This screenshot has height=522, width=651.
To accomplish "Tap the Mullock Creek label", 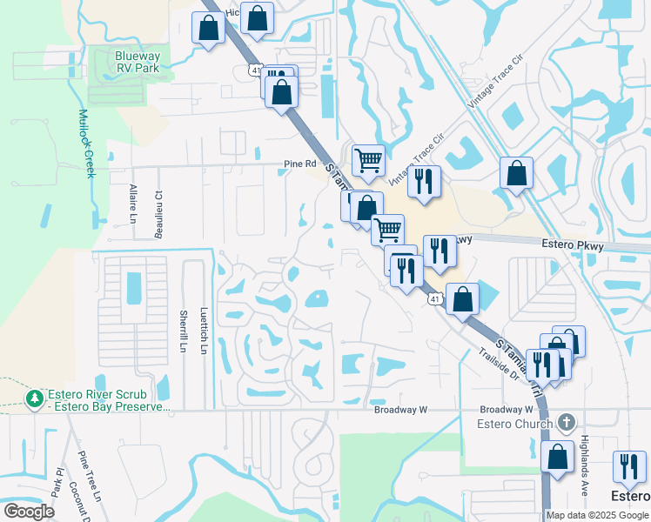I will pos(85,144).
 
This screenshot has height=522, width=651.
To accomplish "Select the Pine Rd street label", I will pos(298,163).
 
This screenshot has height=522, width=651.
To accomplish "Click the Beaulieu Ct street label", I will pos(159,210).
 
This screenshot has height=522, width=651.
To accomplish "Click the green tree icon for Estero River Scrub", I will pos(35,398).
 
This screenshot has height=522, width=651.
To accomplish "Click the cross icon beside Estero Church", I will pos(566,424).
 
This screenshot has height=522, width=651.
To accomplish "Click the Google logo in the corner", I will pos(29,512).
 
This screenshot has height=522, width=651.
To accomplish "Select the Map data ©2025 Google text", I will pos(596,515).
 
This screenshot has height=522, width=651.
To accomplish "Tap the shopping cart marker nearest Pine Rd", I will pos(368,160).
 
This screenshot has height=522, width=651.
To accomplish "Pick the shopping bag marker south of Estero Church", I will pos(557,457).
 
